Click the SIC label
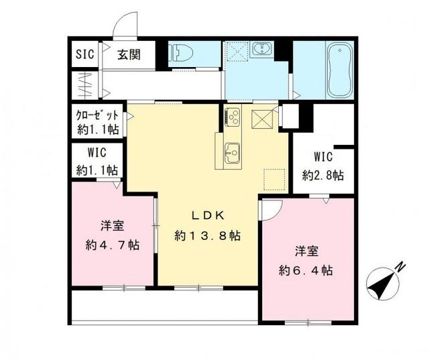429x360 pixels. click(84, 54)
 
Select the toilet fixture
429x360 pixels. click(182, 53)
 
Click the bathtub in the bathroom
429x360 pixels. click(336, 69)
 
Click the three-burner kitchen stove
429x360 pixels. click(233, 116)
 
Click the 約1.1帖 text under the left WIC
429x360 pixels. click(97, 170)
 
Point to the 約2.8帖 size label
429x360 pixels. click(322, 175)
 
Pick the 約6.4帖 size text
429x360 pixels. click(306, 270)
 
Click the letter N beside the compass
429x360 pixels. click(400, 267)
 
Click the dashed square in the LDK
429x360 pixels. click(273, 179)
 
